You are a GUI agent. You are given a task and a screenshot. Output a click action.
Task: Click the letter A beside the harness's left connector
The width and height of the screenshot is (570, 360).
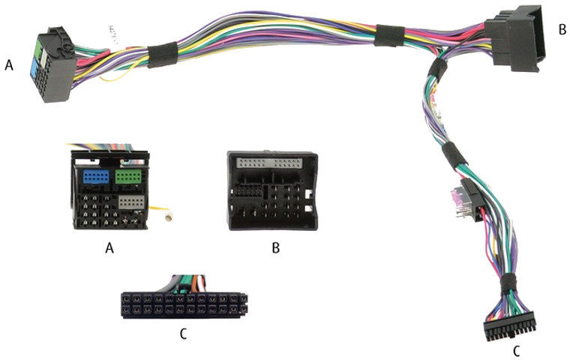tap(9, 66)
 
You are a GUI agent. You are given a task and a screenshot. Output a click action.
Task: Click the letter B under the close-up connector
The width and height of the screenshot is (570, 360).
tap(275, 247)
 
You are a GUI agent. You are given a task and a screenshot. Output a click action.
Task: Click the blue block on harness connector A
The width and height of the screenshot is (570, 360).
tap(34, 67)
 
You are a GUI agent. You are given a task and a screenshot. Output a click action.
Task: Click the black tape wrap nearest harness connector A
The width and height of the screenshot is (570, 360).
tap(159, 54)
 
